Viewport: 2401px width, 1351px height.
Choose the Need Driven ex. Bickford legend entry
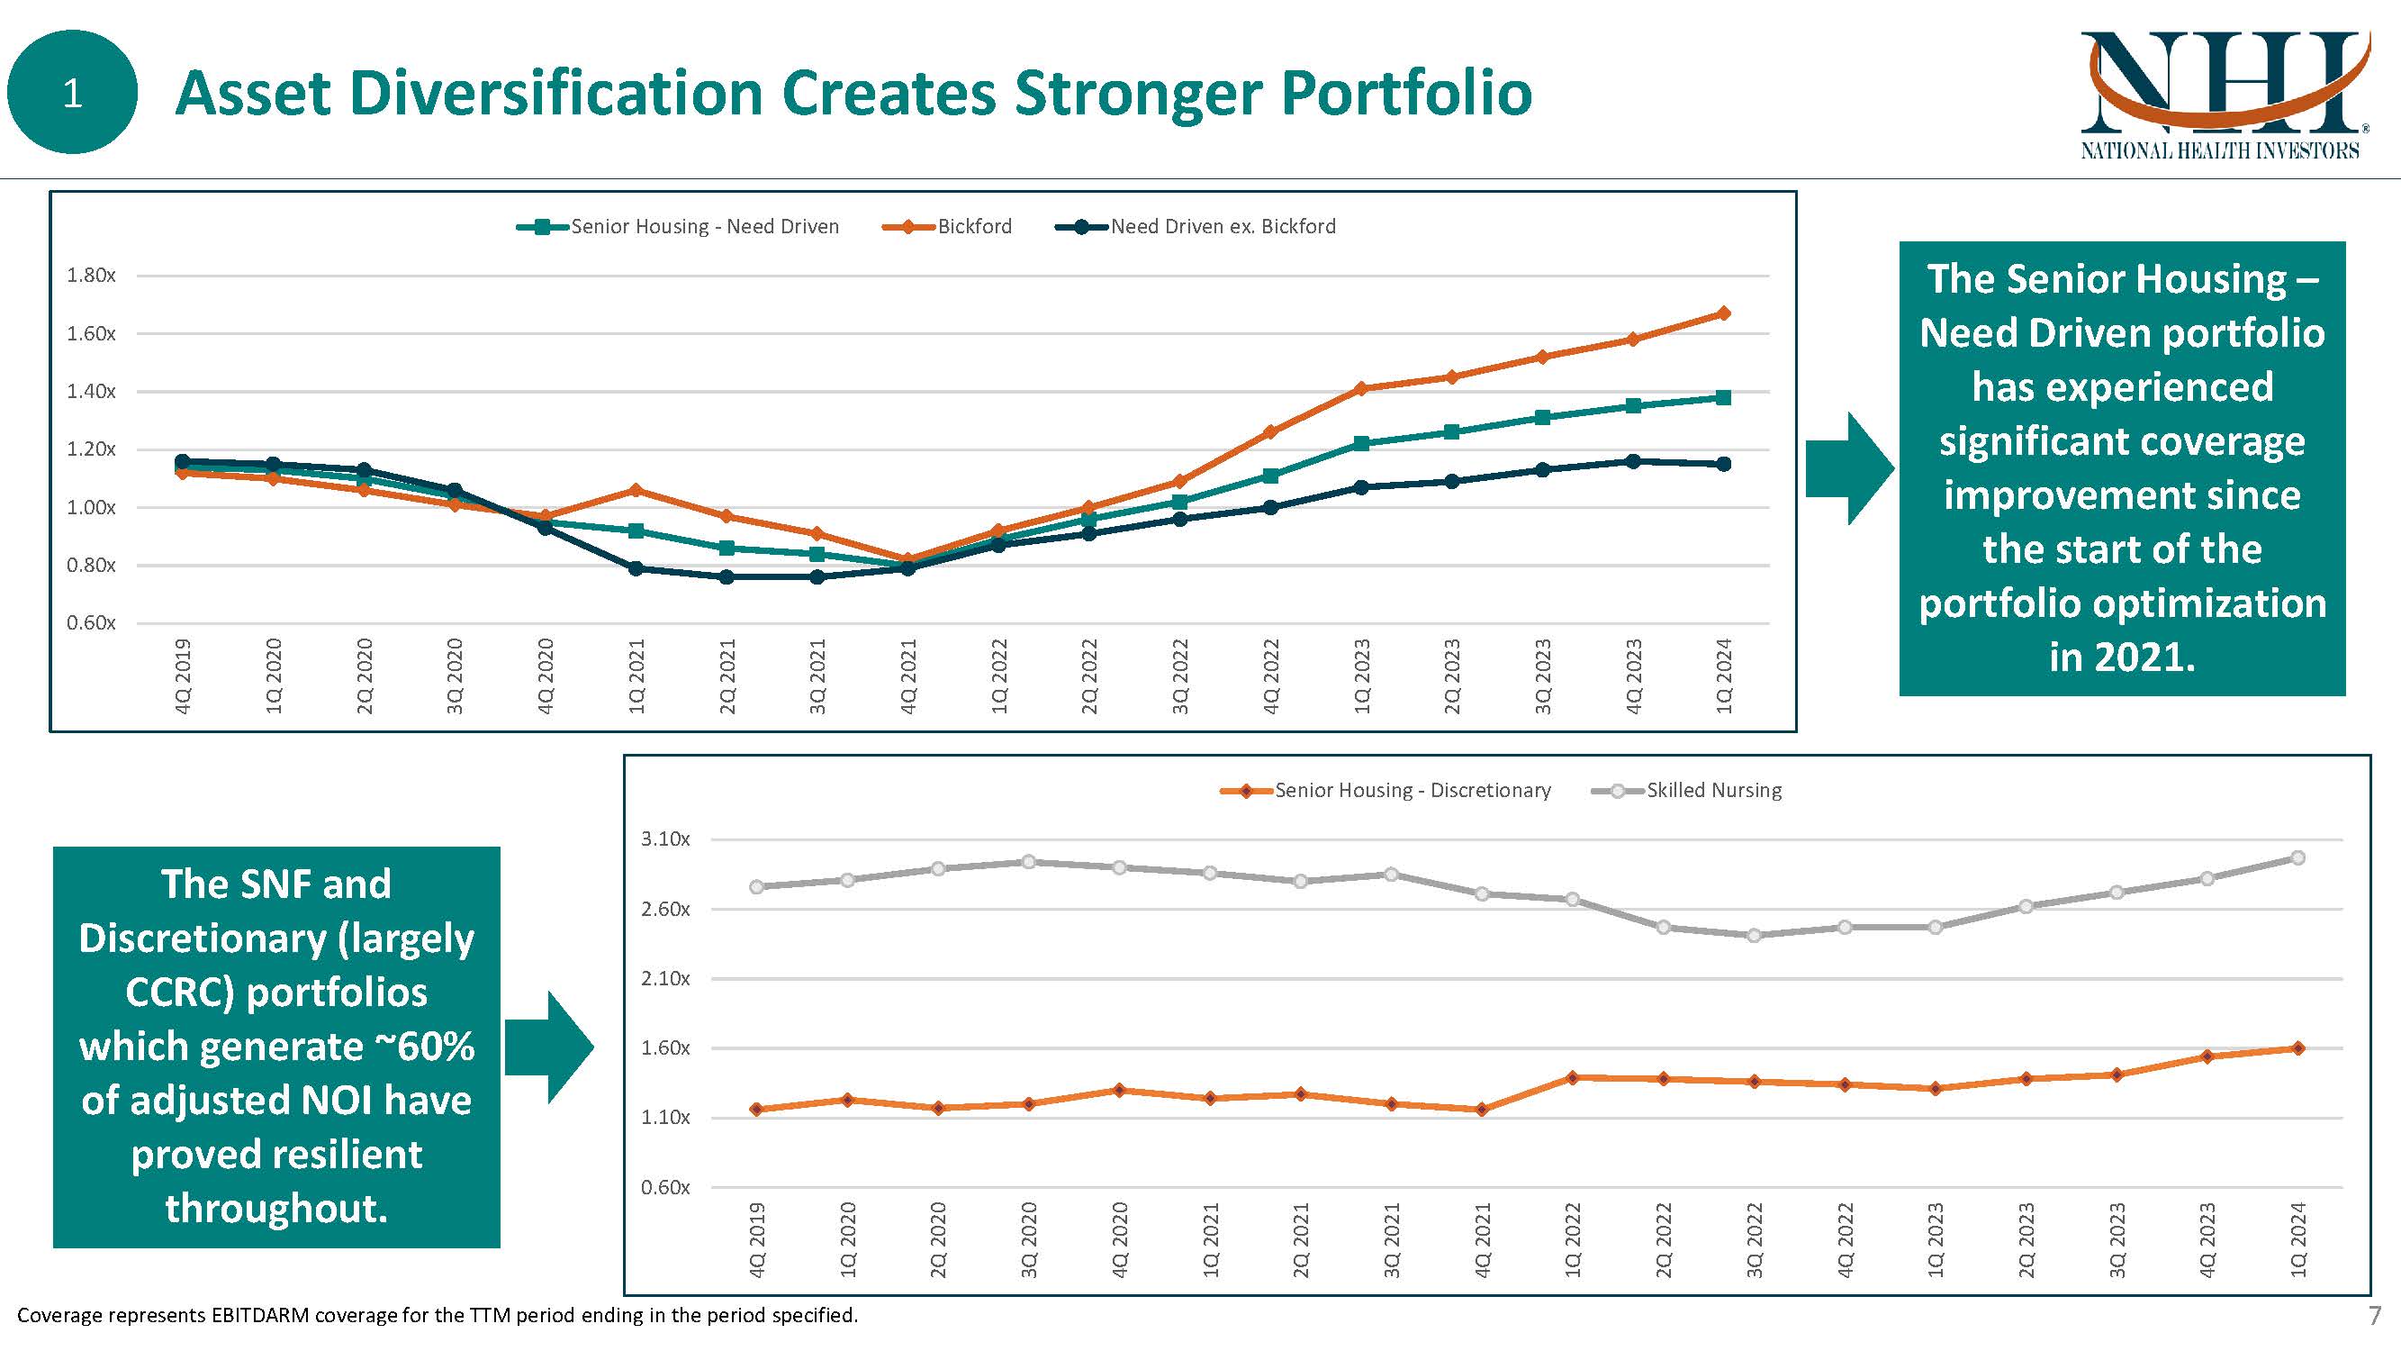[1222, 227]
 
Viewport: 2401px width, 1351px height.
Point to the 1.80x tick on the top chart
[91, 275]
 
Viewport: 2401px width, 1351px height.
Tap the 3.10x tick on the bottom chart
[665, 839]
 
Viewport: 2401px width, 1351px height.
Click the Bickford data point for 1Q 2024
[1723, 313]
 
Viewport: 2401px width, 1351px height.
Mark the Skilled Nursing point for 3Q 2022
[1754, 935]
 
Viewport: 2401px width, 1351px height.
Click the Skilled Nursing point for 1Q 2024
[2297, 857]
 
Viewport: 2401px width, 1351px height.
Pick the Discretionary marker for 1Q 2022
[1573, 1077]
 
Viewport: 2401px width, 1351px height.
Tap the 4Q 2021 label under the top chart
[908, 676]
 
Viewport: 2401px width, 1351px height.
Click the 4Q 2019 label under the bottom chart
[757, 1240]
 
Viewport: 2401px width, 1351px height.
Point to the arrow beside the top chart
[1849, 469]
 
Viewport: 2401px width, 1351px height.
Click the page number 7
[2374, 1316]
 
